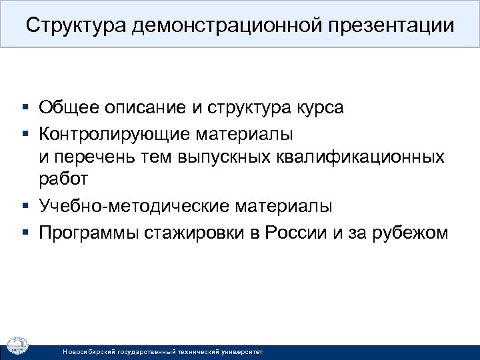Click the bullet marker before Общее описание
[x=25, y=107]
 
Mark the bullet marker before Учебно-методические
[x=25, y=207]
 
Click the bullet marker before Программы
[x=25, y=233]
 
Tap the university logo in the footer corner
[x=18, y=344]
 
